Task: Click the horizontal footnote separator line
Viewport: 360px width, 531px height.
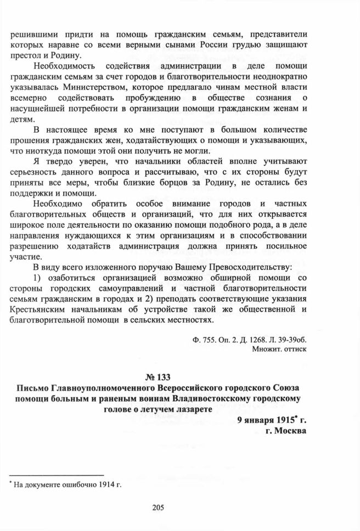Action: [57, 474]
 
